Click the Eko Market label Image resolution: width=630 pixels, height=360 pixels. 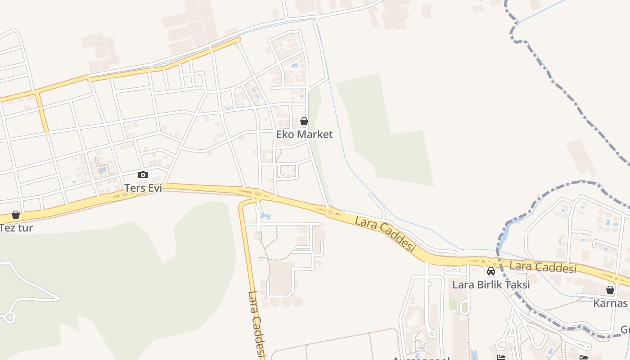pyautogui.click(x=304, y=134)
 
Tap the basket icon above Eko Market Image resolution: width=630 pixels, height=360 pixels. pyautogui.click(x=304, y=121)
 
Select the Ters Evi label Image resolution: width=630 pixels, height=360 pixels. pyautogui.click(x=143, y=188)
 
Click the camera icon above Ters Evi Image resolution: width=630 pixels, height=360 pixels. pyautogui.click(x=143, y=175)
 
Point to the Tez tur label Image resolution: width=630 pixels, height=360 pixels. pyautogui.click(x=16, y=228)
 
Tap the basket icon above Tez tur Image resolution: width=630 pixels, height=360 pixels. pyautogui.click(x=16, y=215)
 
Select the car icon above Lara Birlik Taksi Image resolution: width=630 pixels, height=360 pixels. pyautogui.click(x=491, y=271)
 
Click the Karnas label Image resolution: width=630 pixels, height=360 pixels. pyautogui.click(x=610, y=303)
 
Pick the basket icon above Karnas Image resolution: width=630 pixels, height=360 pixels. pyautogui.click(x=610, y=290)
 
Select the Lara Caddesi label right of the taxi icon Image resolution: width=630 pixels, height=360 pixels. pyautogui.click(x=543, y=267)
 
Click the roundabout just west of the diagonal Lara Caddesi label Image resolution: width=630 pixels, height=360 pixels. pyautogui.click(x=330, y=212)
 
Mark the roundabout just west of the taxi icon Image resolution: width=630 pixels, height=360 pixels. pyautogui.click(x=483, y=260)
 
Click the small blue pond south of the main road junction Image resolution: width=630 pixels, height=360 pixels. pyautogui.click(x=265, y=217)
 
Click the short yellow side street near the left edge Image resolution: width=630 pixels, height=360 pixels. pyautogui.click(x=41, y=112)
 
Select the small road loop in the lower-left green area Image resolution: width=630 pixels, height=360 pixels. pyautogui.click(x=9, y=318)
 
